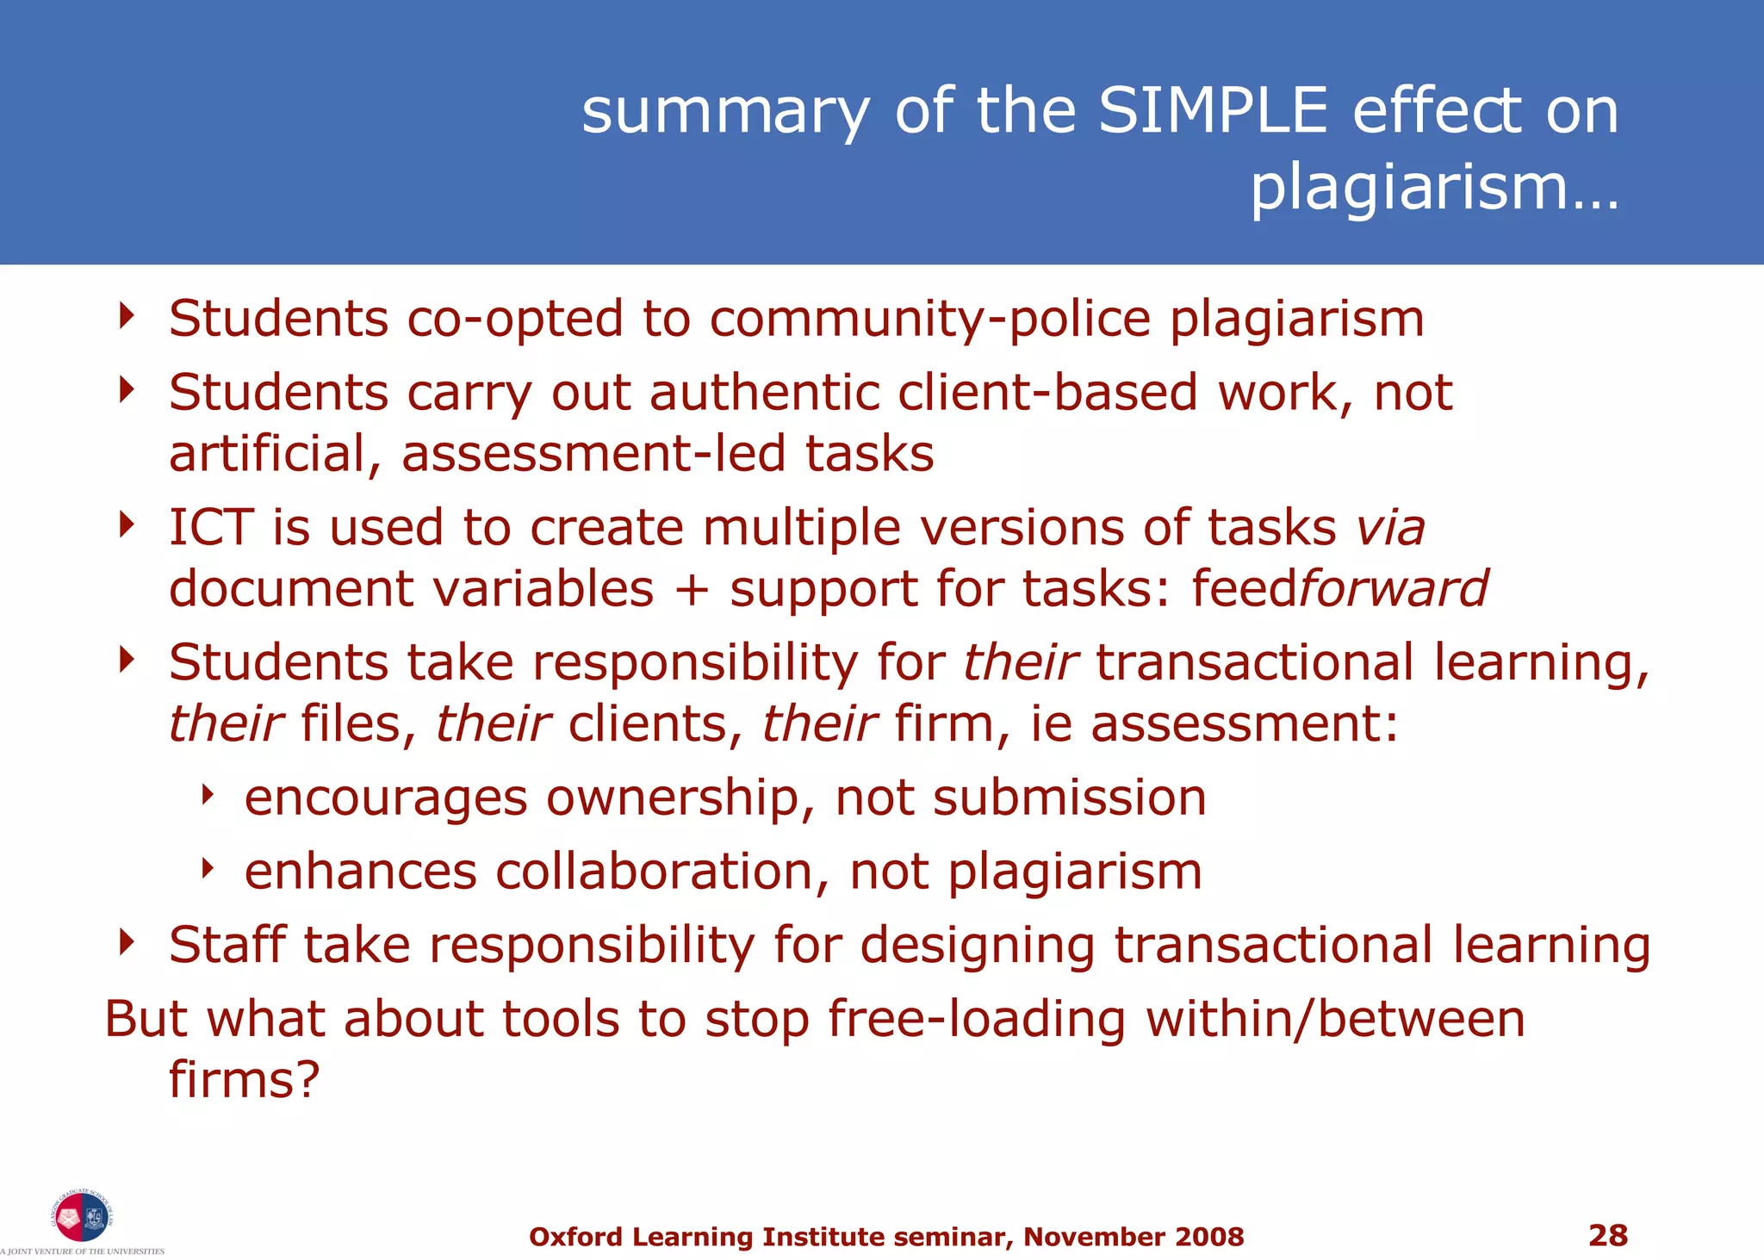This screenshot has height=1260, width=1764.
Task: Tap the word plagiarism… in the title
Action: pos(1434,187)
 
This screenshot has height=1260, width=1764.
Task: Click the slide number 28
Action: pos(1607,1235)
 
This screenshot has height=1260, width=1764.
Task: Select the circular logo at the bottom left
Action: pos(81,1216)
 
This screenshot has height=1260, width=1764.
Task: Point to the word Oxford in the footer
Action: pos(575,1237)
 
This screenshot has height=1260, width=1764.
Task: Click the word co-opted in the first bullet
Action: pos(514,320)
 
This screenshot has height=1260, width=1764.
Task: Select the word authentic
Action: pos(763,394)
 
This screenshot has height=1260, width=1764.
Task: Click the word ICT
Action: pos(211,527)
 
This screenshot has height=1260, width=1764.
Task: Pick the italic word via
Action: pos(1390,527)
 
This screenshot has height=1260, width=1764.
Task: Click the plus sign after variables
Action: pos(692,590)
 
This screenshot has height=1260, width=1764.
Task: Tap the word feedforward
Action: pos(1339,589)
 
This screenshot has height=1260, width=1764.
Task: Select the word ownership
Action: pos(680,798)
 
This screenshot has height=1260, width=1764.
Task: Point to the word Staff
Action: pos(227,945)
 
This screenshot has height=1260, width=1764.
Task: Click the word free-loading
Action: pos(976,1020)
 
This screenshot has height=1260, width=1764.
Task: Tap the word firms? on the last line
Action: pos(244,1080)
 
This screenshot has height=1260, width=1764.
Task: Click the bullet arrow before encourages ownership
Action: pos(207,795)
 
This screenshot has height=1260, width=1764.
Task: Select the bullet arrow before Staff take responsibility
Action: pos(127,942)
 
